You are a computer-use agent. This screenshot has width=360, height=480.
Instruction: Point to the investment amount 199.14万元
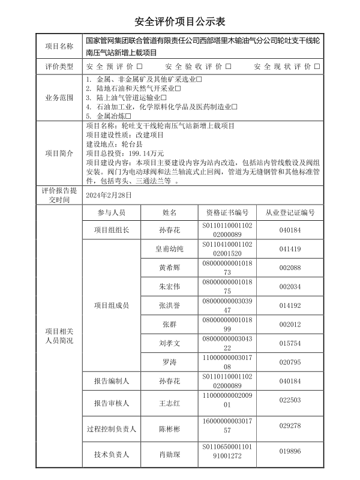pyautogui.click(x=142, y=154)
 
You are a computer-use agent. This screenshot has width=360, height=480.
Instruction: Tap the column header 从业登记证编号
pyautogui.click(x=290, y=213)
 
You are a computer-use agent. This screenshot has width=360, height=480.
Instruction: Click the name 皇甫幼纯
pyautogui.click(x=169, y=248)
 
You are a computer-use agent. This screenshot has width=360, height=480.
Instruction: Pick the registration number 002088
pyautogui.click(x=290, y=268)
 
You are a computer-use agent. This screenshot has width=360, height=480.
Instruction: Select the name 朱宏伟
pyautogui.click(x=169, y=286)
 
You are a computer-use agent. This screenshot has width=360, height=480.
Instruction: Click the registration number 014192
pyautogui.click(x=290, y=305)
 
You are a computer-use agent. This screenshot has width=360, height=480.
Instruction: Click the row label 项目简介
pyautogui.click(x=59, y=153)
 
